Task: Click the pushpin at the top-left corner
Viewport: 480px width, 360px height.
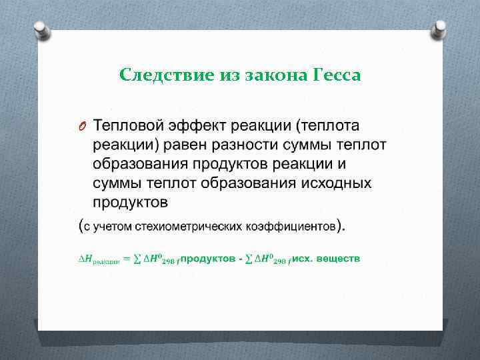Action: [41, 29]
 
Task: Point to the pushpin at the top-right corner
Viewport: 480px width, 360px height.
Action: [439, 29]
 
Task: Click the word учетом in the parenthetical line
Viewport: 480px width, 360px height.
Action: [111, 226]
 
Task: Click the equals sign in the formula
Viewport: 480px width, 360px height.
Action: [127, 258]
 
